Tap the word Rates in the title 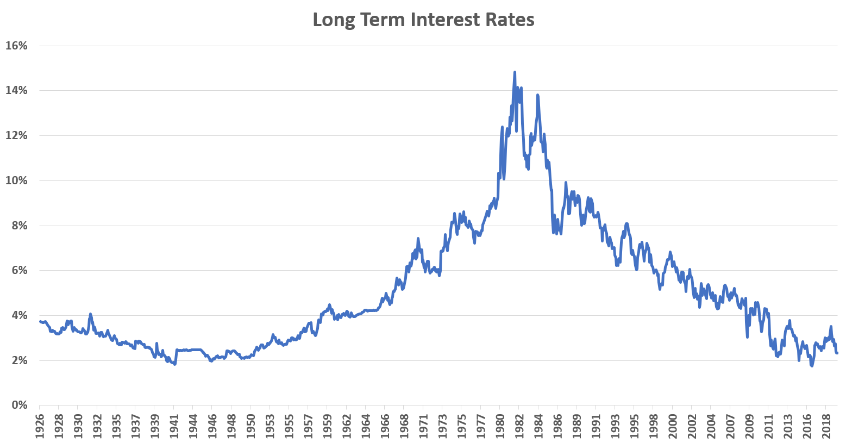[x=511, y=20]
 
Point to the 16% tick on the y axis [x=16, y=46]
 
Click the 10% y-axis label [x=16, y=180]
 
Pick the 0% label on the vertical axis [x=20, y=405]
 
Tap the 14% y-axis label [x=16, y=91]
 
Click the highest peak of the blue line [x=514, y=72]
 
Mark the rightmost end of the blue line [x=837, y=353]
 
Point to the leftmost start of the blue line [x=40, y=321]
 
